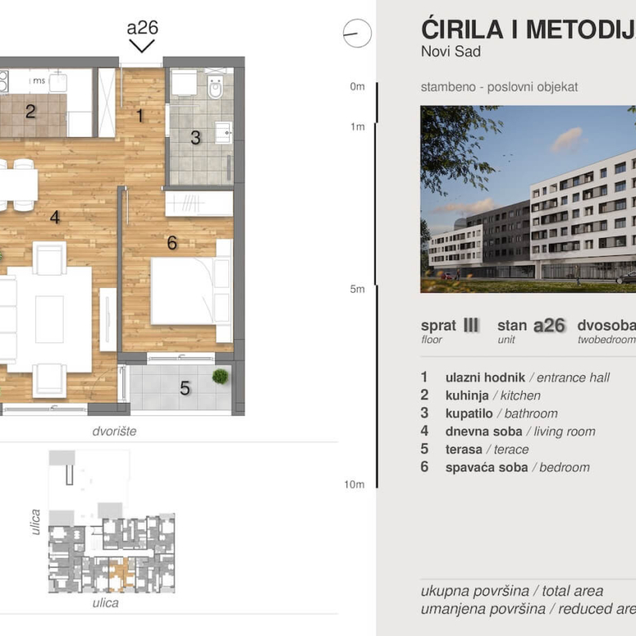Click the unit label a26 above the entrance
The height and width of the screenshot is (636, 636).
(x=142, y=28)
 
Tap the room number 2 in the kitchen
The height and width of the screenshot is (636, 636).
(x=30, y=112)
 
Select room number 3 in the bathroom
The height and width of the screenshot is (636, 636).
(x=195, y=138)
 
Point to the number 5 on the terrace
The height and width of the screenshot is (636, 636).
(x=185, y=389)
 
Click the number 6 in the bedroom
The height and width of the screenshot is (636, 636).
(x=171, y=242)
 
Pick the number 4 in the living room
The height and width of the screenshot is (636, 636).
(x=55, y=217)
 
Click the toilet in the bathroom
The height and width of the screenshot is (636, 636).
(x=214, y=86)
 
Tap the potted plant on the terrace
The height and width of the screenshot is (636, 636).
(x=219, y=377)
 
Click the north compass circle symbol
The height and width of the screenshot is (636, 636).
(x=357, y=33)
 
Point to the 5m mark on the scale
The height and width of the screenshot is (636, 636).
(x=356, y=289)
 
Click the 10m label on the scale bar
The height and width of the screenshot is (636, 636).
(x=354, y=484)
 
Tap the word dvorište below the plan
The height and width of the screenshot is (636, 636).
(x=114, y=431)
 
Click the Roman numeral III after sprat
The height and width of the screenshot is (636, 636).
(x=470, y=325)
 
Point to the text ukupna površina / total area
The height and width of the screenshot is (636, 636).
(x=511, y=591)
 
